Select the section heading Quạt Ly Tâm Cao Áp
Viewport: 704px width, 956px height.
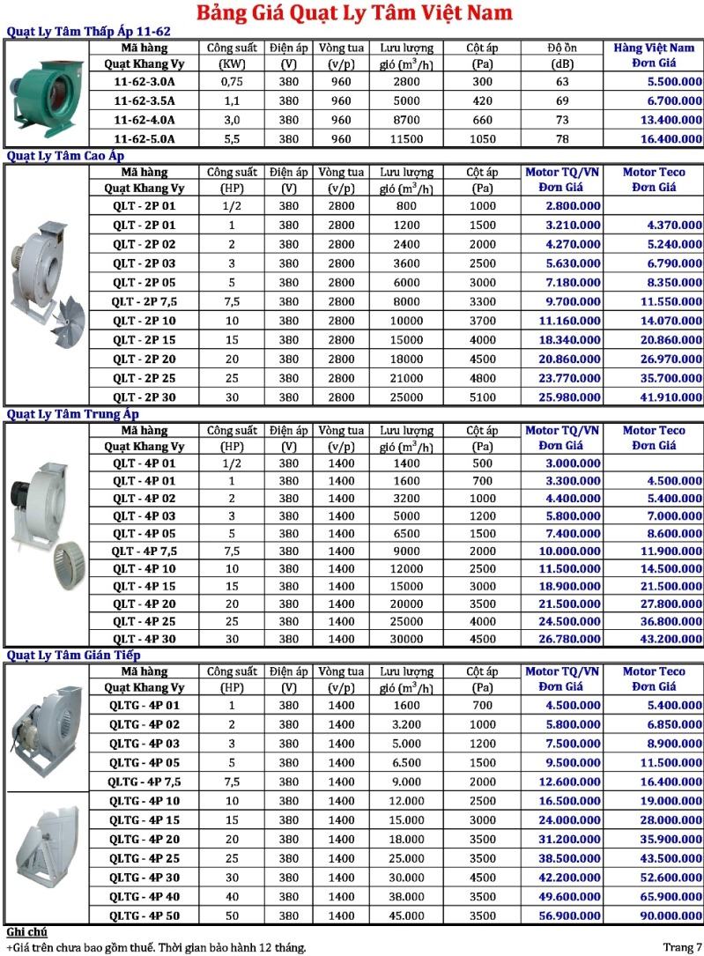(x=61, y=156)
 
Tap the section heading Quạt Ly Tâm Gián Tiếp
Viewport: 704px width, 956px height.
(x=73, y=656)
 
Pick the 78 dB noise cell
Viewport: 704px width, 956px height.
(x=562, y=138)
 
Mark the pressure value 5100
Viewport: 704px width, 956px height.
(x=482, y=397)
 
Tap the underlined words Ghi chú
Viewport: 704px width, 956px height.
(x=26, y=932)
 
